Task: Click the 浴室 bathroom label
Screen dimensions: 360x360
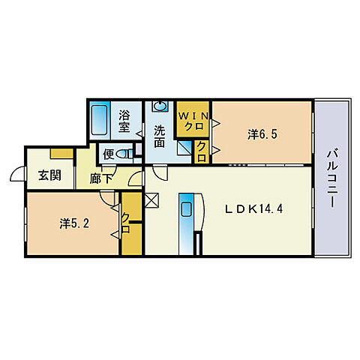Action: click(x=126, y=121)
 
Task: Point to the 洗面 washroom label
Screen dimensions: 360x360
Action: click(x=160, y=135)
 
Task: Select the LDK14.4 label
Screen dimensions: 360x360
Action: click(x=254, y=210)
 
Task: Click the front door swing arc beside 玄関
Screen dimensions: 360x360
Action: click(x=16, y=175)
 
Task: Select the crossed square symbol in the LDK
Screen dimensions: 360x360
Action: click(x=152, y=200)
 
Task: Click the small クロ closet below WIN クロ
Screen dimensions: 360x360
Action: click(x=202, y=152)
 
